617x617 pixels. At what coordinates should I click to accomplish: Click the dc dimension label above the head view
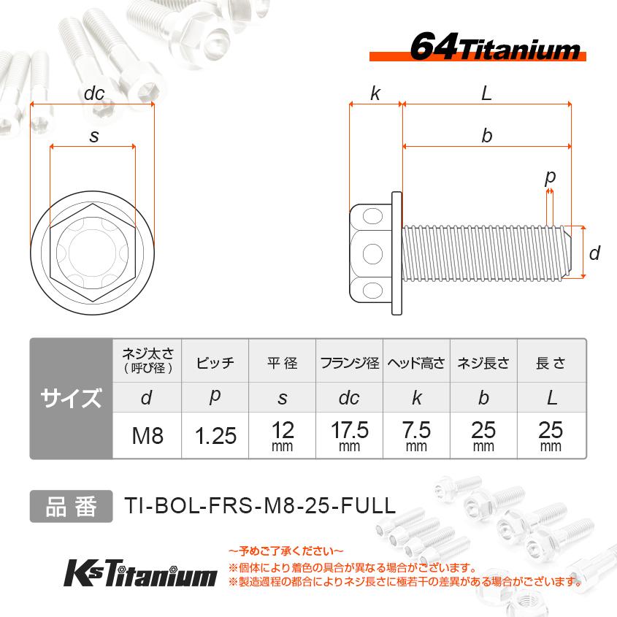coord(94,93)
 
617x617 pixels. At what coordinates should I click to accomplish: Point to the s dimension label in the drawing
coord(93,136)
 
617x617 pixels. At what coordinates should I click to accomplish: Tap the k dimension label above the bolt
coord(375,93)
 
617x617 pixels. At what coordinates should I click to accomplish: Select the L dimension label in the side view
coord(486,93)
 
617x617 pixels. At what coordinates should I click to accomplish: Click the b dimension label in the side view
coord(486,136)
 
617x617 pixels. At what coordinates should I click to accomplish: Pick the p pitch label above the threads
coord(551,177)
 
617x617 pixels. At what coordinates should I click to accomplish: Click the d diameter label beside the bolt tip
coord(594,253)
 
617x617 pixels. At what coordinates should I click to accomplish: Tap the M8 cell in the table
coord(147,436)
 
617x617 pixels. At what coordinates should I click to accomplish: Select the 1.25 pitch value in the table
coord(215,436)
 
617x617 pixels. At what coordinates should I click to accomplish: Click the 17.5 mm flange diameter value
coord(349,434)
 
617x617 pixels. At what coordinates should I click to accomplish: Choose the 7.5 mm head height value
coord(416,434)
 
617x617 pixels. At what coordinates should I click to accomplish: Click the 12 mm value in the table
coord(282,434)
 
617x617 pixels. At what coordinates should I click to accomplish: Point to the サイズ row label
coord(71,399)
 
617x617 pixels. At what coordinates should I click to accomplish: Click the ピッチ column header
coord(215,363)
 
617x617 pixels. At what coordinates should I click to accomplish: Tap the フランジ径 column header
coord(349,363)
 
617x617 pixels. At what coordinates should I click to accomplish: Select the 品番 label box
coord(71,506)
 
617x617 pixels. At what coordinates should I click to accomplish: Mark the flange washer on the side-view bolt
coord(396,253)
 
